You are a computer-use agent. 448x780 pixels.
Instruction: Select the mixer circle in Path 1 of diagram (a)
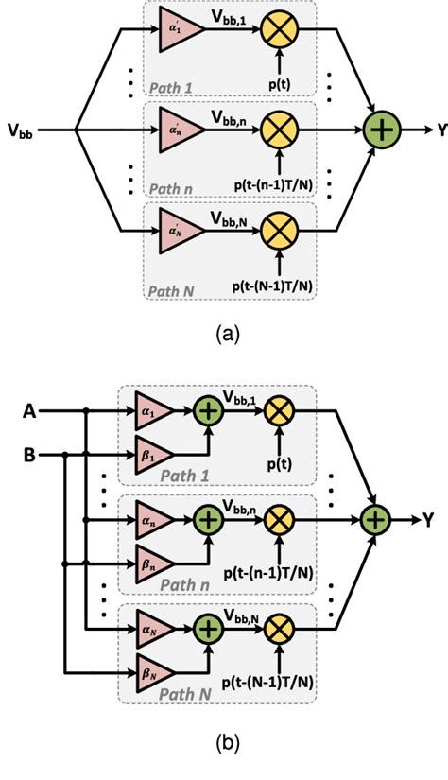click(279, 29)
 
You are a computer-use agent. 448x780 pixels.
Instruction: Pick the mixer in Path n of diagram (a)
click(279, 130)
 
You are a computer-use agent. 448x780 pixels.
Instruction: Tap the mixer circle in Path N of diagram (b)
click(279, 629)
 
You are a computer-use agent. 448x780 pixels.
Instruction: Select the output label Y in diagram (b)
click(429, 518)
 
